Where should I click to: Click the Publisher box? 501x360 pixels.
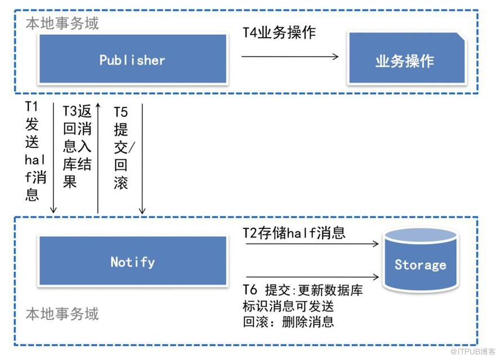click(132, 60)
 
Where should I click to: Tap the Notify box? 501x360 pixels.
click(132, 262)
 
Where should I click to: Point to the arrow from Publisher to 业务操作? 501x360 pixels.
click(290, 56)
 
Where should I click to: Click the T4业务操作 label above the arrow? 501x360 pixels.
click(279, 32)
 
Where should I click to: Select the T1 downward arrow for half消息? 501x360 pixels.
click(53, 157)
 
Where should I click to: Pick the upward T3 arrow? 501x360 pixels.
click(98, 157)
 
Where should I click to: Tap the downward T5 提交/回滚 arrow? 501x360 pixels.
click(142, 157)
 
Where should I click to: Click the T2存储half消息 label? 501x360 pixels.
click(294, 232)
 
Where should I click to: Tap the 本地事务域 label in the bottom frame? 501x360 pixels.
click(62, 313)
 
